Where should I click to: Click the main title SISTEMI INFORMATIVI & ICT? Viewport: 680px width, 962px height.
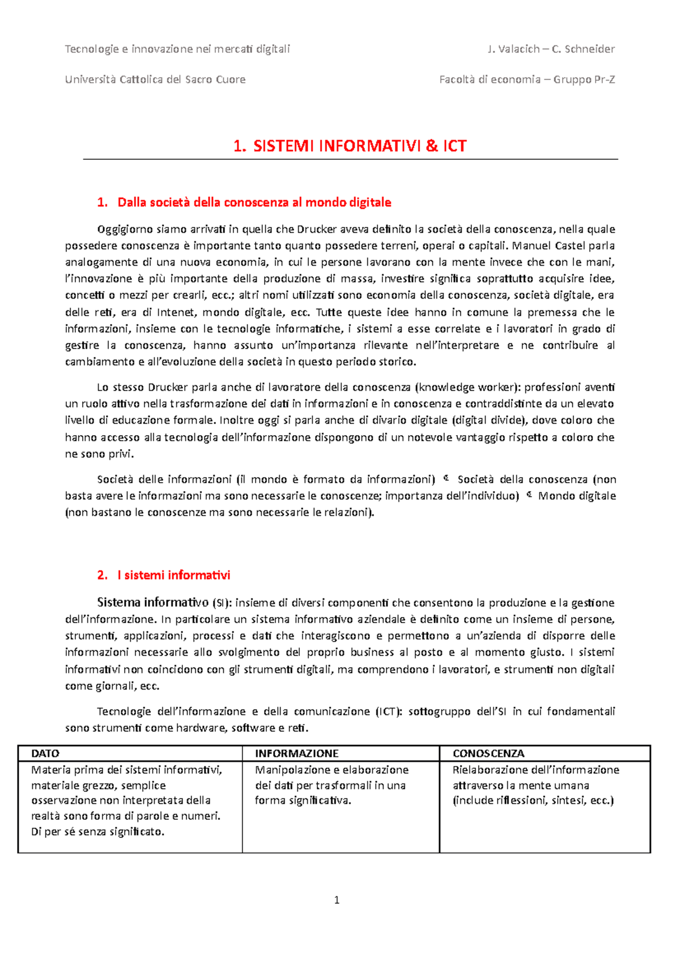point(350,146)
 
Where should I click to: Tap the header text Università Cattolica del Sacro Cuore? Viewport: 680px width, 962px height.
point(155,79)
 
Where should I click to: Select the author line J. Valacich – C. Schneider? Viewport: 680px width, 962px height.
point(551,49)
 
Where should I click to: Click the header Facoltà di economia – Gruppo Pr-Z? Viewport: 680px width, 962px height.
point(527,79)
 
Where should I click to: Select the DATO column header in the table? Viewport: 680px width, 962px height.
point(45,754)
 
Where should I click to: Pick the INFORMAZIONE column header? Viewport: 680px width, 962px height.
point(296,754)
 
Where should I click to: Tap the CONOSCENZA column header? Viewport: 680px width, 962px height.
point(488,754)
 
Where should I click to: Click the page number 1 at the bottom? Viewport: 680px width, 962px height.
point(337,900)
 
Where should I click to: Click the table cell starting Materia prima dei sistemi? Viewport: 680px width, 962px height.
point(126,801)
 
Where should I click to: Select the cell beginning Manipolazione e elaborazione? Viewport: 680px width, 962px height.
point(331,785)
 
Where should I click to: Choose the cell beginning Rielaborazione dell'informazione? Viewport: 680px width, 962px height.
point(535,785)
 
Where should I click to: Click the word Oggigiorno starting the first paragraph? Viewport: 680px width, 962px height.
point(125,229)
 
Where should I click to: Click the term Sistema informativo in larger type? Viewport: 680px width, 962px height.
point(153,602)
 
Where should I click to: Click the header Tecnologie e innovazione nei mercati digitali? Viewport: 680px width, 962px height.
point(177,49)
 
